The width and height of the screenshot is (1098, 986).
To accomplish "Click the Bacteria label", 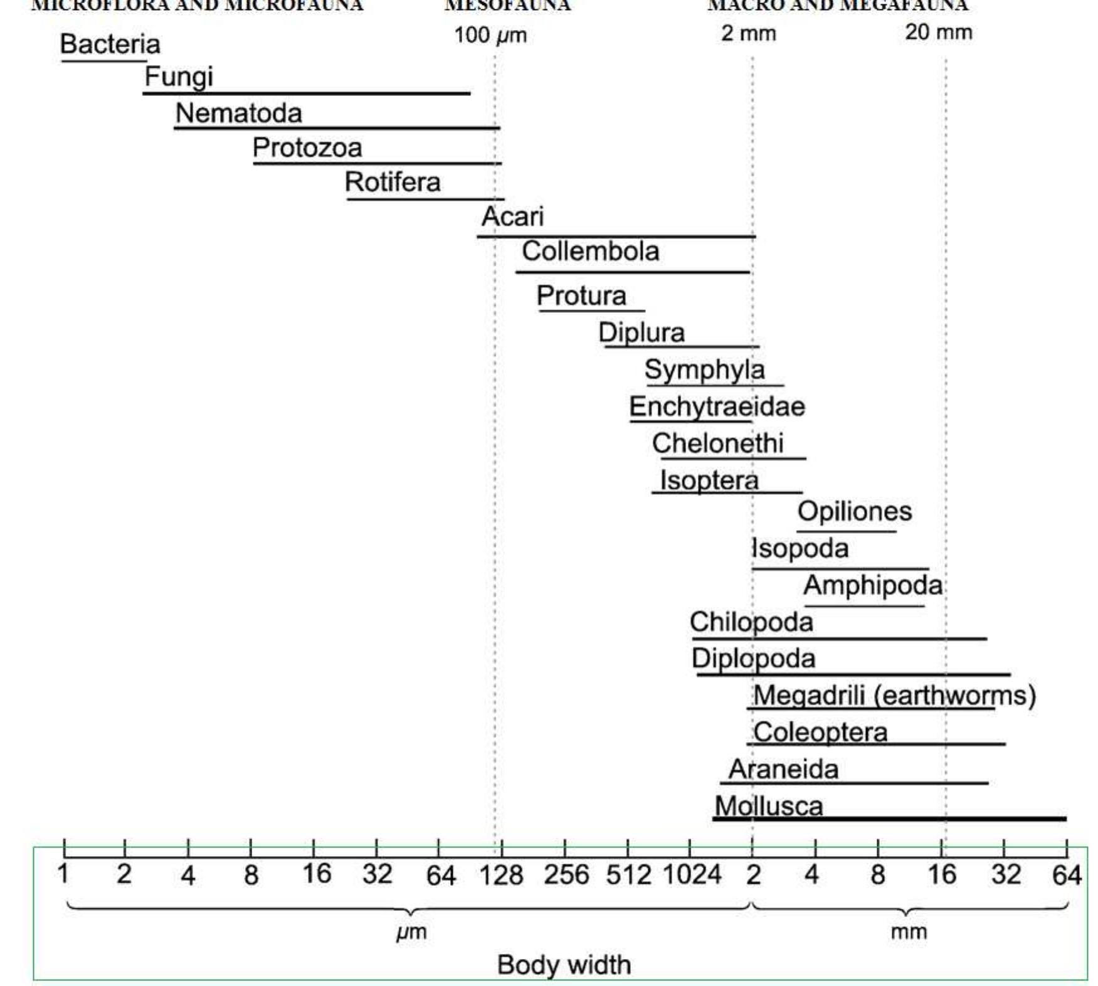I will (110, 45).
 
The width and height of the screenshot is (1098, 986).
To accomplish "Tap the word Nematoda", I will (238, 114).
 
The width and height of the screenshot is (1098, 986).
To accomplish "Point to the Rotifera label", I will (393, 183).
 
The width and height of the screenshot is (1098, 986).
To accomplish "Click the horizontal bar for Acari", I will (616, 236).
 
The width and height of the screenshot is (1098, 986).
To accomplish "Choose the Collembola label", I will (590, 252).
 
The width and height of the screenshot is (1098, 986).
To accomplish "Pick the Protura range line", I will (591, 310).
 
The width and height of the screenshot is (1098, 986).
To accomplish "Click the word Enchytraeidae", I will (717, 406).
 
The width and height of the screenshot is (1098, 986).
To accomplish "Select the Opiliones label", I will (854, 511).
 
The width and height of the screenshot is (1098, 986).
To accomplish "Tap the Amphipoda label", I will (872, 585).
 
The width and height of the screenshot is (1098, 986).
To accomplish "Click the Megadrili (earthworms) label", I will (894, 695).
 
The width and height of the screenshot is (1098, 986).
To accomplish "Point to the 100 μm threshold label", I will (490, 34).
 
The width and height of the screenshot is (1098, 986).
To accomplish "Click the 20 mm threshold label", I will (938, 32).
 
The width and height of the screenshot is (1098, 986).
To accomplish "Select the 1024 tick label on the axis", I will (692, 874).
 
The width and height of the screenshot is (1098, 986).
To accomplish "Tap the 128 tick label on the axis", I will (500, 874).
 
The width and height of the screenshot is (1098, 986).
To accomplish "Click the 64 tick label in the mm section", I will (1066, 874).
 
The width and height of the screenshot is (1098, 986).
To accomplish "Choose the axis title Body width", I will (563, 965).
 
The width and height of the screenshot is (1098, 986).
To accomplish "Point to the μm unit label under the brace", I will (411, 932).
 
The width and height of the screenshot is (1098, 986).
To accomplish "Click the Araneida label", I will (783, 769).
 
